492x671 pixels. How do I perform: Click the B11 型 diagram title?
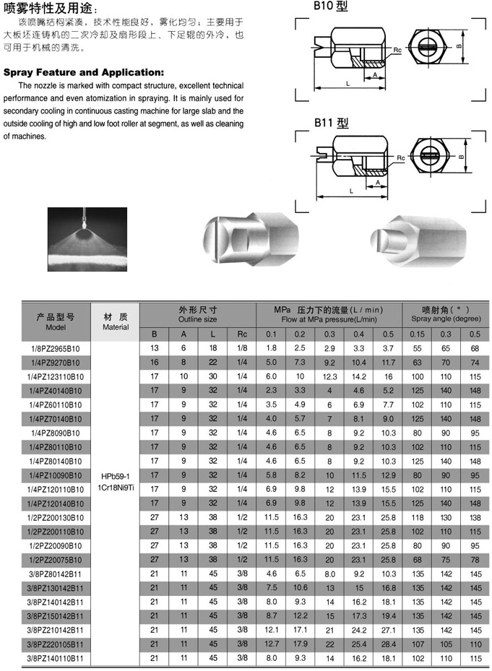[331, 124]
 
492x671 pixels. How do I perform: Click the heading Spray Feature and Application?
[85, 72]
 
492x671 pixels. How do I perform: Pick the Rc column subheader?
[242, 334]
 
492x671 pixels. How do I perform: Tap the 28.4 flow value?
[388, 644]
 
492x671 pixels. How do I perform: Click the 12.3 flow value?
[329, 376]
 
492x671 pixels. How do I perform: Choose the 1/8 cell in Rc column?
[242, 348]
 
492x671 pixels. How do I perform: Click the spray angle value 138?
[475, 518]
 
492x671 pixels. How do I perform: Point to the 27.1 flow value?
[388, 630]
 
